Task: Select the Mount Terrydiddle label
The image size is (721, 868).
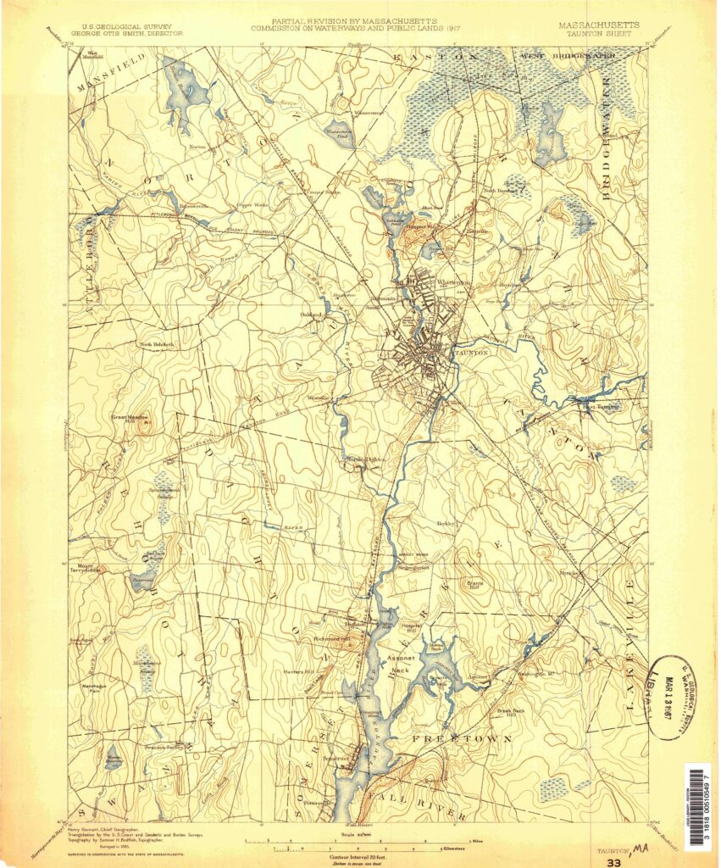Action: click(x=86, y=570)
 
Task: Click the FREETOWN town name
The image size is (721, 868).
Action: click(x=462, y=739)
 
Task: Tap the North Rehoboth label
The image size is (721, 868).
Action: click(x=157, y=344)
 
